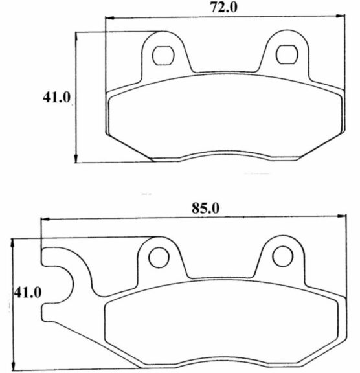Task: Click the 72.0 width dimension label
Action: pos(224,8)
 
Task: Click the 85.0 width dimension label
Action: pos(205,209)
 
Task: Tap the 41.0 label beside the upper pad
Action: pos(56,97)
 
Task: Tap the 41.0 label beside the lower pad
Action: pos(28,293)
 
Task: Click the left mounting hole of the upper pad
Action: pos(163,56)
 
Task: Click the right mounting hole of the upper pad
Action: pos(287,54)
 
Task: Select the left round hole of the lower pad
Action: pos(159,257)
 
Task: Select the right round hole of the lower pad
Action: pos(283,256)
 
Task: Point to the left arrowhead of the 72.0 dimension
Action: pos(110,18)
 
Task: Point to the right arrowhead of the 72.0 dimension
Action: pos(340,16)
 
